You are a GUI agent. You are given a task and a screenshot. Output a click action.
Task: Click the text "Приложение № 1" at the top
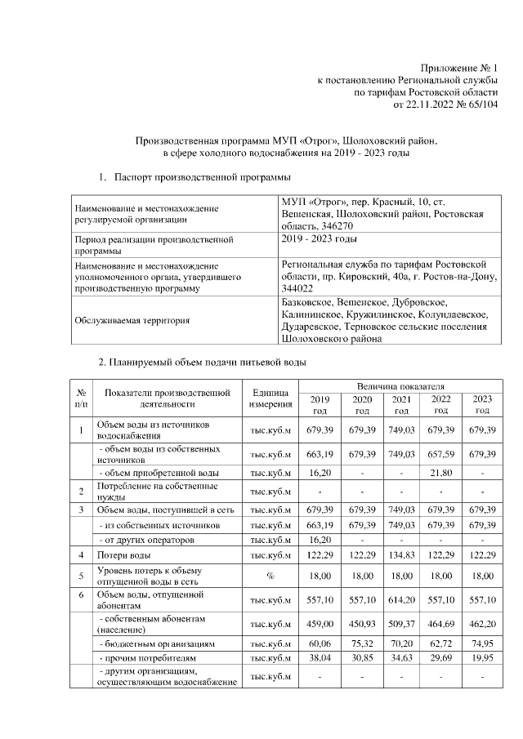pyautogui.click(x=458, y=67)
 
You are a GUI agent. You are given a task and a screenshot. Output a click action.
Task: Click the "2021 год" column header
pyautogui.click(x=401, y=404)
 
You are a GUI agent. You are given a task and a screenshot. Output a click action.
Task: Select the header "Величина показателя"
pyautogui.click(x=400, y=385)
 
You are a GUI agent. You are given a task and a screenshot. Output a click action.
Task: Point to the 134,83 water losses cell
pyautogui.click(x=401, y=555)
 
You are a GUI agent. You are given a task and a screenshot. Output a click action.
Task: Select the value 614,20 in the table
pyautogui.click(x=401, y=600)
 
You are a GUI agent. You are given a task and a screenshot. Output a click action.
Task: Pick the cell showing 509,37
pyautogui.click(x=401, y=625)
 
